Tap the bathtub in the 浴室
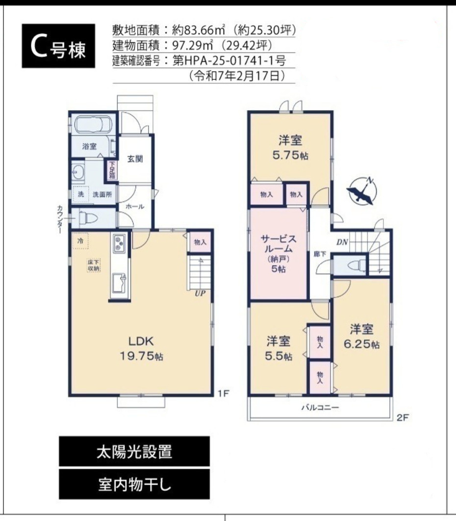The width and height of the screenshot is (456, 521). [x=93, y=125]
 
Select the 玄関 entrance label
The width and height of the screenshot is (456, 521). [x=135, y=159]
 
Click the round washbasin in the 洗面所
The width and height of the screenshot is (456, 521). [x=77, y=171]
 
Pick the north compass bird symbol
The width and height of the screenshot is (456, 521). [x=362, y=191]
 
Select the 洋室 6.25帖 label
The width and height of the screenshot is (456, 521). [x=361, y=336]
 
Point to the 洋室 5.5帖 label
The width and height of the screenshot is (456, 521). [x=279, y=348]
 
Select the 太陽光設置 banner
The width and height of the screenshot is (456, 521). [x=134, y=451]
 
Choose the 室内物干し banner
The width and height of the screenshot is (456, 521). [x=134, y=484]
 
